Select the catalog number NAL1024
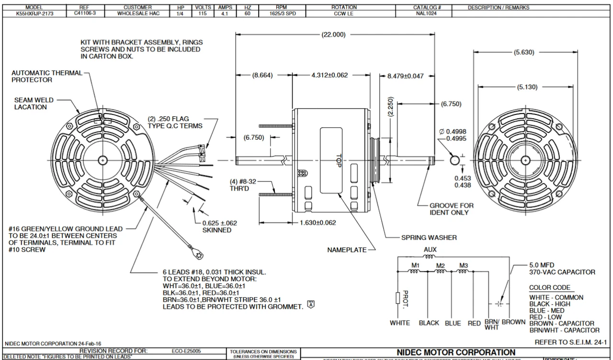click(x=427, y=14)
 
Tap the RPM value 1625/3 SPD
click(x=282, y=14)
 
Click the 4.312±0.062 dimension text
click(x=329, y=75)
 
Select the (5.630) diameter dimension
click(x=523, y=53)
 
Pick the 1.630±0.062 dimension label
click(x=318, y=223)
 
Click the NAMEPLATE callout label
click(x=347, y=250)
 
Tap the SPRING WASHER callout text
click(x=429, y=237)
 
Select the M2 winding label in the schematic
click(x=441, y=266)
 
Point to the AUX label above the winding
click(x=430, y=250)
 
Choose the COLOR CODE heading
click(x=550, y=288)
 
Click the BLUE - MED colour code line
click(x=546, y=311)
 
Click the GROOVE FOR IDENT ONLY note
click(x=451, y=209)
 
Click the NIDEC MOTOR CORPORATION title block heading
click(x=456, y=352)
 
